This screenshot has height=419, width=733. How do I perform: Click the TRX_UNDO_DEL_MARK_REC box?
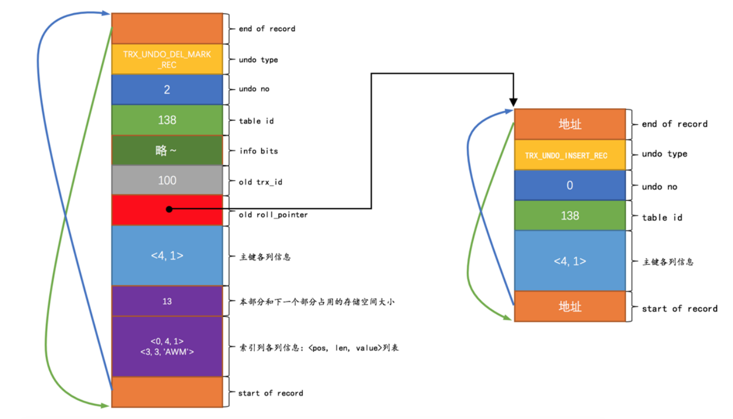pyautogui.click(x=167, y=59)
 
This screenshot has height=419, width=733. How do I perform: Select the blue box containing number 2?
pyautogui.click(x=167, y=89)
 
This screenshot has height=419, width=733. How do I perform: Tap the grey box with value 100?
pyautogui.click(x=167, y=180)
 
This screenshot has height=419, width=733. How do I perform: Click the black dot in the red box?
pyautogui.click(x=169, y=209)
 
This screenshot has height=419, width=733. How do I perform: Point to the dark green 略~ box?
pyautogui.click(x=167, y=150)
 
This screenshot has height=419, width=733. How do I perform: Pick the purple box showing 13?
pyautogui.click(x=167, y=302)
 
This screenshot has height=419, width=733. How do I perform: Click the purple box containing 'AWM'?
pyautogui.click(x=167, y=346)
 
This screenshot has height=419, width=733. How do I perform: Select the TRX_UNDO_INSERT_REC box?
pyautogui.click(x=570, y=155)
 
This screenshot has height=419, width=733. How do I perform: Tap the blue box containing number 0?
pyautogui.click(x=570, y=186)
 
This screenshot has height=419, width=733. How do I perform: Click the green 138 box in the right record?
pyautogui.click(x=570, y=216)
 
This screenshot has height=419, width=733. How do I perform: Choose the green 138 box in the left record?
pyautogui.click(x=167, y=120)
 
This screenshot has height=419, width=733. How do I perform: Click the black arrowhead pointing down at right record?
pyautogui.click(x=513, y=103)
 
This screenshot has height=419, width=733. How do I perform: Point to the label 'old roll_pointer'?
pyautogui.click(x=266, y=214)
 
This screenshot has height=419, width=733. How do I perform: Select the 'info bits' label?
pyautogui.click(x=259, y=150)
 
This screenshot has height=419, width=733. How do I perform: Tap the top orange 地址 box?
pyautogui.click(x=570, y=124)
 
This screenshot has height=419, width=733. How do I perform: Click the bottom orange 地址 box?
pyautogui.click(x=570, y=306)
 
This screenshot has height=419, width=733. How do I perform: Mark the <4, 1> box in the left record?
pyautogui.click(x=167, y=256)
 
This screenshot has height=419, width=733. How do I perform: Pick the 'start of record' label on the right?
pyautogui.click(x=679, y=309)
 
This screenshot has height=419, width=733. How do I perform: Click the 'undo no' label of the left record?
pyautogui.click(x=254, y=89)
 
